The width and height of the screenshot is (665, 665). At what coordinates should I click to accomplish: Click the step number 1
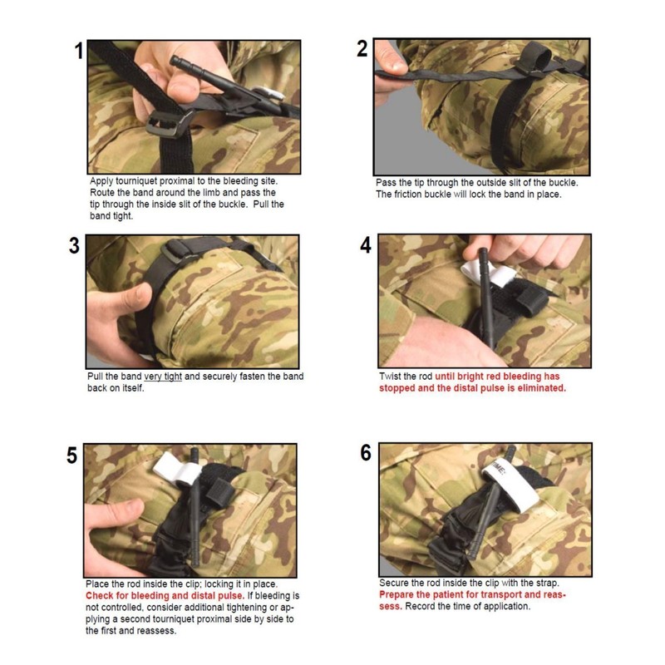(79, 51)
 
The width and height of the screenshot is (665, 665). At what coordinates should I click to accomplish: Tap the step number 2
(362, 49)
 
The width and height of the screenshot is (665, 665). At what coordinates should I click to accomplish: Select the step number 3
(74, 245)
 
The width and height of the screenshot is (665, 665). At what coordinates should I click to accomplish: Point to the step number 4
(366, 244)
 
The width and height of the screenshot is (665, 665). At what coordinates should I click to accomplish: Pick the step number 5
(72, 456)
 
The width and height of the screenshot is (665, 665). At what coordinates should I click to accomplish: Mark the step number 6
(366, 453)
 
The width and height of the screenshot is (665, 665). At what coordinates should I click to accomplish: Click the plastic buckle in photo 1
(167, 123)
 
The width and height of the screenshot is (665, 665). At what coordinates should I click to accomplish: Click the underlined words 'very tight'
(163, 377)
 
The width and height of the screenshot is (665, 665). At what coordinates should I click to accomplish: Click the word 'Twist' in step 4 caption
(390, 377)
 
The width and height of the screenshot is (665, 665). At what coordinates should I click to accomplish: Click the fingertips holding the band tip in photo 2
(393, 65)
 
